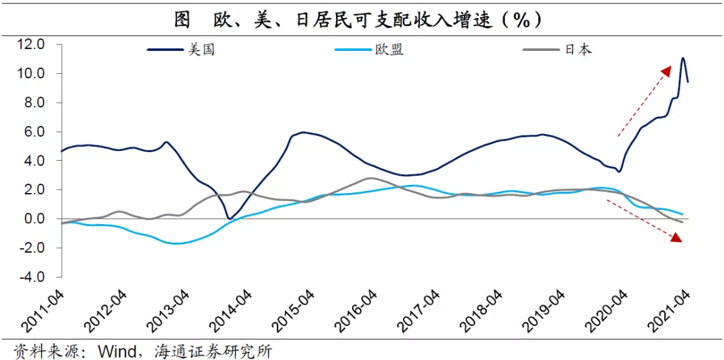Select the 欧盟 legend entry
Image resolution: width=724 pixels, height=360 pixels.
[389, 50]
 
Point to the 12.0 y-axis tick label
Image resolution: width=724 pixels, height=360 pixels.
[31, 44]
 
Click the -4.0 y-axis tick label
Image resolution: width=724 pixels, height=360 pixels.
[31, 277]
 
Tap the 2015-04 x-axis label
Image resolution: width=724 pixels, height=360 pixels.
[294, 310]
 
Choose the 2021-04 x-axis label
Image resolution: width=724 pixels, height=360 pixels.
[670, 310]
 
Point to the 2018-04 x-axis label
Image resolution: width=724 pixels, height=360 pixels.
[482, 310]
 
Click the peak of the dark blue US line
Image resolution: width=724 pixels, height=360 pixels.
[682, 58]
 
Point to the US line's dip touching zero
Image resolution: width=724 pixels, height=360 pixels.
[229, 219]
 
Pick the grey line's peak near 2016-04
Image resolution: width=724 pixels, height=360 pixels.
[370, 178]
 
